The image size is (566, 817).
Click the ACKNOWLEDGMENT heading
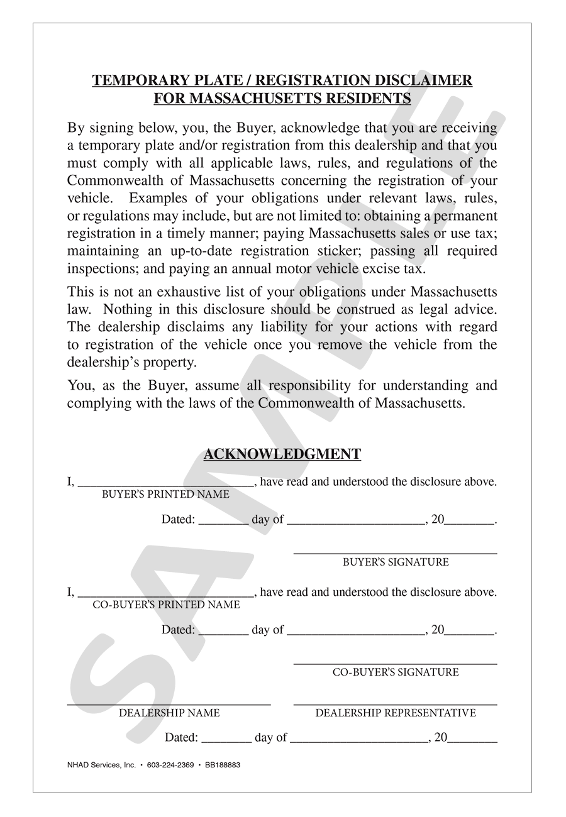pyautogui.click(x=282, y=454)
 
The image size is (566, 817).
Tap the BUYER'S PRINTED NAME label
pyautogui.click(x=165, y=495)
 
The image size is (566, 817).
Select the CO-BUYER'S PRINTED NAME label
pyautogui.click(x=166, y=605)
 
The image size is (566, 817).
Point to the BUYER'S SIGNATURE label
pyautogui.click(x=396, y=562)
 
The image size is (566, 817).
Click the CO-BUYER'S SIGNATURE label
pyautogui.click(x=396, y=672)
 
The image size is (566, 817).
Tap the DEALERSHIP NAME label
pyautogui.click(x=169, y=713)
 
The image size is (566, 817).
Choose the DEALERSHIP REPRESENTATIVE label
pyautogui.click(x=396, y=713)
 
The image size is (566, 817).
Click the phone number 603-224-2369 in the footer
pyautogui.click(x=170, y=765)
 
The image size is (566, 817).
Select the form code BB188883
pyautogui.click(x=223, y=765)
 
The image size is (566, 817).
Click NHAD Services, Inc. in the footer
pyautogui.click(x=101, y=765)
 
